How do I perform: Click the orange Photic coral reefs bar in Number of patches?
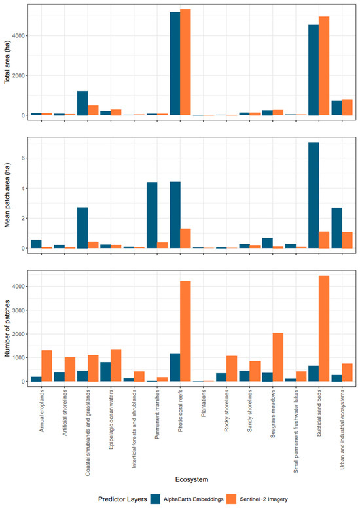point(185,331)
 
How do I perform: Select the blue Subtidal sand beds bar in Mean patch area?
point(314,195)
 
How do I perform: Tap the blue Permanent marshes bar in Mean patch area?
point(152,215)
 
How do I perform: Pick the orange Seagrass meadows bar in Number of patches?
point(278,357)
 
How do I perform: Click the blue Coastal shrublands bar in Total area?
point(82,103)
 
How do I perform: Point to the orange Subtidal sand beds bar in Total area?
point(324,65)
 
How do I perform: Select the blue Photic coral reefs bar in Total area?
point(175,63)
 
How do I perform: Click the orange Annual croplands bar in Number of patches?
point(46,366)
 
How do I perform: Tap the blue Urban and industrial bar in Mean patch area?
point(336,228)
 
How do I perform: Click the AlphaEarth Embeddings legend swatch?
point(156,499)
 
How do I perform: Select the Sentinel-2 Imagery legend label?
point(264,499)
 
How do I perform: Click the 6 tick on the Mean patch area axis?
point(23,158)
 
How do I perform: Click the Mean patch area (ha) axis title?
point(7,194)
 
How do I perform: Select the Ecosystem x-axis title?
point(192,479)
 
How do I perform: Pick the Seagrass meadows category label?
point(273,414)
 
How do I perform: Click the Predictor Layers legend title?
point(122,499)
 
